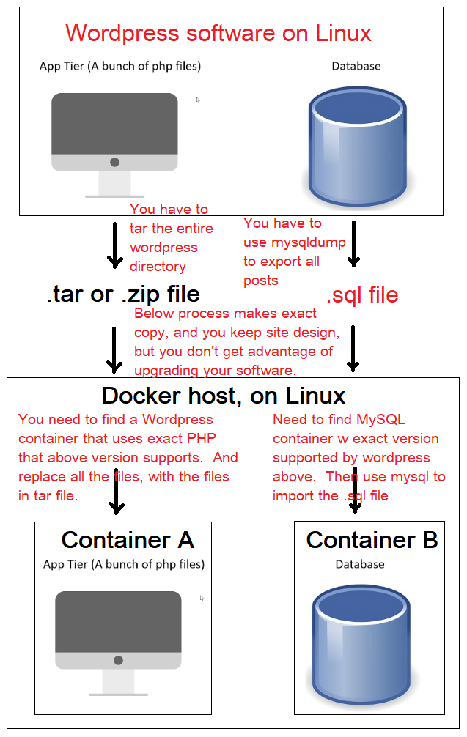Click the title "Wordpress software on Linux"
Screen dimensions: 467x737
pyautogui.click(x=218, y=34)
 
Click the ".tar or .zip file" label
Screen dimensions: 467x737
pyautogui.click(x=123, y=295)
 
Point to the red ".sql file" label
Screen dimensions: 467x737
pyautogui.click(x=362, y=295)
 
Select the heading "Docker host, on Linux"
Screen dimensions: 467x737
pyautogui.click(x=224, y=396)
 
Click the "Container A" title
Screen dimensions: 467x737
pyautogui.click(x=128, y=540)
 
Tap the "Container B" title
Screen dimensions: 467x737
pyautogui.click(x=372, y=540)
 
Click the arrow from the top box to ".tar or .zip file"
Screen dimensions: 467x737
pyautogui.click(x=115, y=245)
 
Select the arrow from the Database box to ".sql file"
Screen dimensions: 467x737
pyautogui.click(x=353, y=243)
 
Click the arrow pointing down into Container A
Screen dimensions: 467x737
pyautogui.click(x=116, y=490)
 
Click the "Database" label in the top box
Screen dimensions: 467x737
pyautogui.click(x=356, y=66)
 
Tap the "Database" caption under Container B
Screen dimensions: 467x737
pyautogui.click(x=360, y=564)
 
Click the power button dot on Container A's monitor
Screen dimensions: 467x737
pyautogui.click(x=119, y=660)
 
